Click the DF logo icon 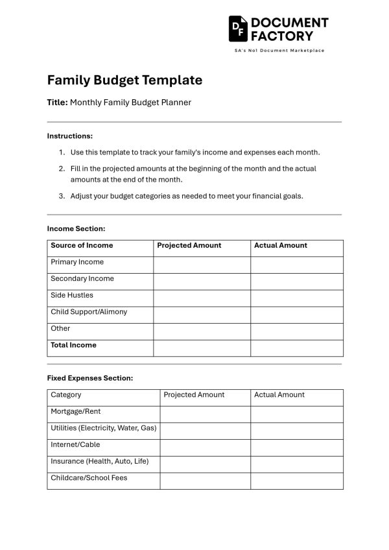click(x=238, y=29)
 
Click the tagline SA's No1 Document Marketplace click(x=279, y=51)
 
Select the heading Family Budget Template click(x=124, y=80)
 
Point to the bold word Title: click(x=57, y=102)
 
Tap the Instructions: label click(x=70, y=136)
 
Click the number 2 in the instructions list click(x=62, y=169)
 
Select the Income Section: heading click(x=76, y=229)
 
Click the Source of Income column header click(x=82, y=246)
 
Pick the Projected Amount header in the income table click(x=189, y=246)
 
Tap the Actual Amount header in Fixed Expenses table click(x=279, y=395)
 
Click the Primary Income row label click(x=77, y=263)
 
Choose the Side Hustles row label click(x=72, y=296)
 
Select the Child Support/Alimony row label click(x=89, y=312)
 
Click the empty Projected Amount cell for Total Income click(x=202, y=348)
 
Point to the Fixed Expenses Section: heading click(x=90, y=378)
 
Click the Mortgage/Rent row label click(x=76, y=412)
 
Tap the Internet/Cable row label click(x=75, y=445)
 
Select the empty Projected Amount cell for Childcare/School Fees click(x=205, y=481)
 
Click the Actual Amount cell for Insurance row click(x=296, y=464)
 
